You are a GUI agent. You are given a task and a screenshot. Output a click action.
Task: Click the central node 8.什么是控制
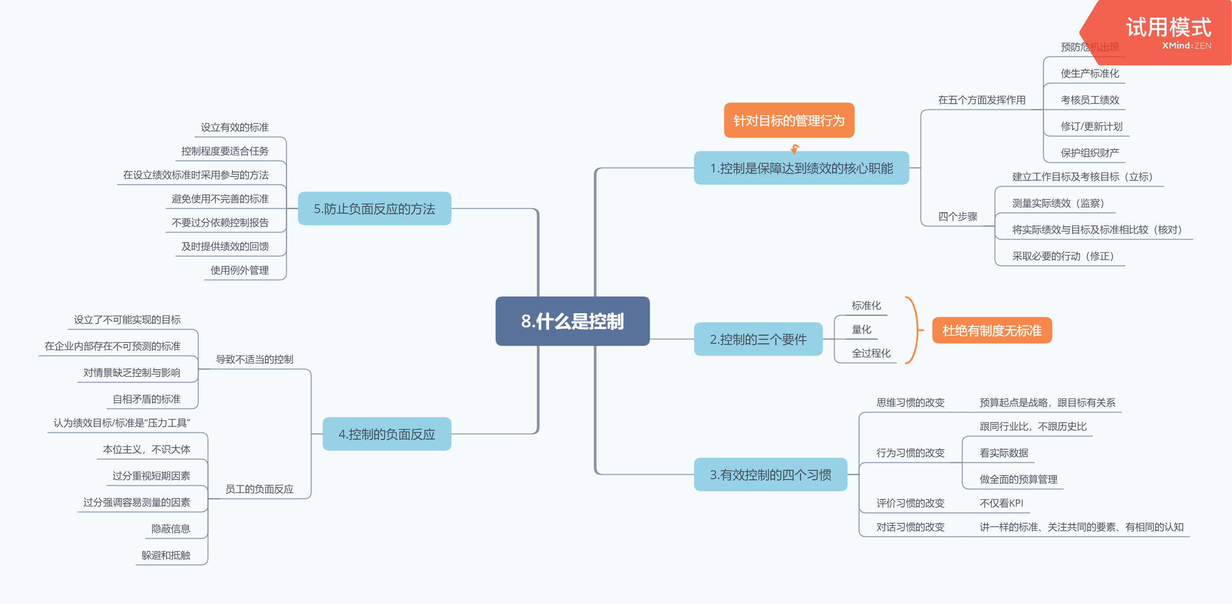click(572, 321)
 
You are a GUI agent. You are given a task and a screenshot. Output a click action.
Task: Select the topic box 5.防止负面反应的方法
click(374, 209)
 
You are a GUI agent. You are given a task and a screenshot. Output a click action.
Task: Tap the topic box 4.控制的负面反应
click(386, 434)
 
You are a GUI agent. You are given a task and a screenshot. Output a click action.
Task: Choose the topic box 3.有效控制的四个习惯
click(770, 474)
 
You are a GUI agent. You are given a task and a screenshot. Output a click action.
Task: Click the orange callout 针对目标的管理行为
click(789, 120)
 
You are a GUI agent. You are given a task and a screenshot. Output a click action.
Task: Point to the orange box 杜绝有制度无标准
click(992, 330)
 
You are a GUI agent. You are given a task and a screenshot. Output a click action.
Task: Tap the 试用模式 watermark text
click(1168, 27)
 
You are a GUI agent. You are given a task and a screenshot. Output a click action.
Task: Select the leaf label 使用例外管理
click(240, 270)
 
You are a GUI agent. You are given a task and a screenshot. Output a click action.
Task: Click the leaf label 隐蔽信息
click(171, 529)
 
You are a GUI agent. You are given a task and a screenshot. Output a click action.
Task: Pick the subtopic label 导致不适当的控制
click(255, 359)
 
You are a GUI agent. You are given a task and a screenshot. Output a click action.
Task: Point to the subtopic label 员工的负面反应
click(259, 489)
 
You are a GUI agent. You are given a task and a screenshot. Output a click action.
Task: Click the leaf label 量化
click(861, 330)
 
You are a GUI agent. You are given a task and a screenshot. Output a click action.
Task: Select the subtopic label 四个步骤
click(958, 217)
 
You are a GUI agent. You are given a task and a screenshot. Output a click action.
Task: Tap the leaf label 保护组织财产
click(1090, 153)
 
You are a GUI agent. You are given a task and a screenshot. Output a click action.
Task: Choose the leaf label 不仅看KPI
click(1001, 503)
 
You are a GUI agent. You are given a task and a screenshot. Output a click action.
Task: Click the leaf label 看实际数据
click(1004, 453)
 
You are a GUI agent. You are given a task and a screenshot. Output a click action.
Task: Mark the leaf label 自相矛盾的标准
click(146, 399)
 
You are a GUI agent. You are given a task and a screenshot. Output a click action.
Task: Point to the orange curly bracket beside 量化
click(914, 330)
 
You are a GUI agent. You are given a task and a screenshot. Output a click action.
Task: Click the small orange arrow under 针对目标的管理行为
click(794, 149)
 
